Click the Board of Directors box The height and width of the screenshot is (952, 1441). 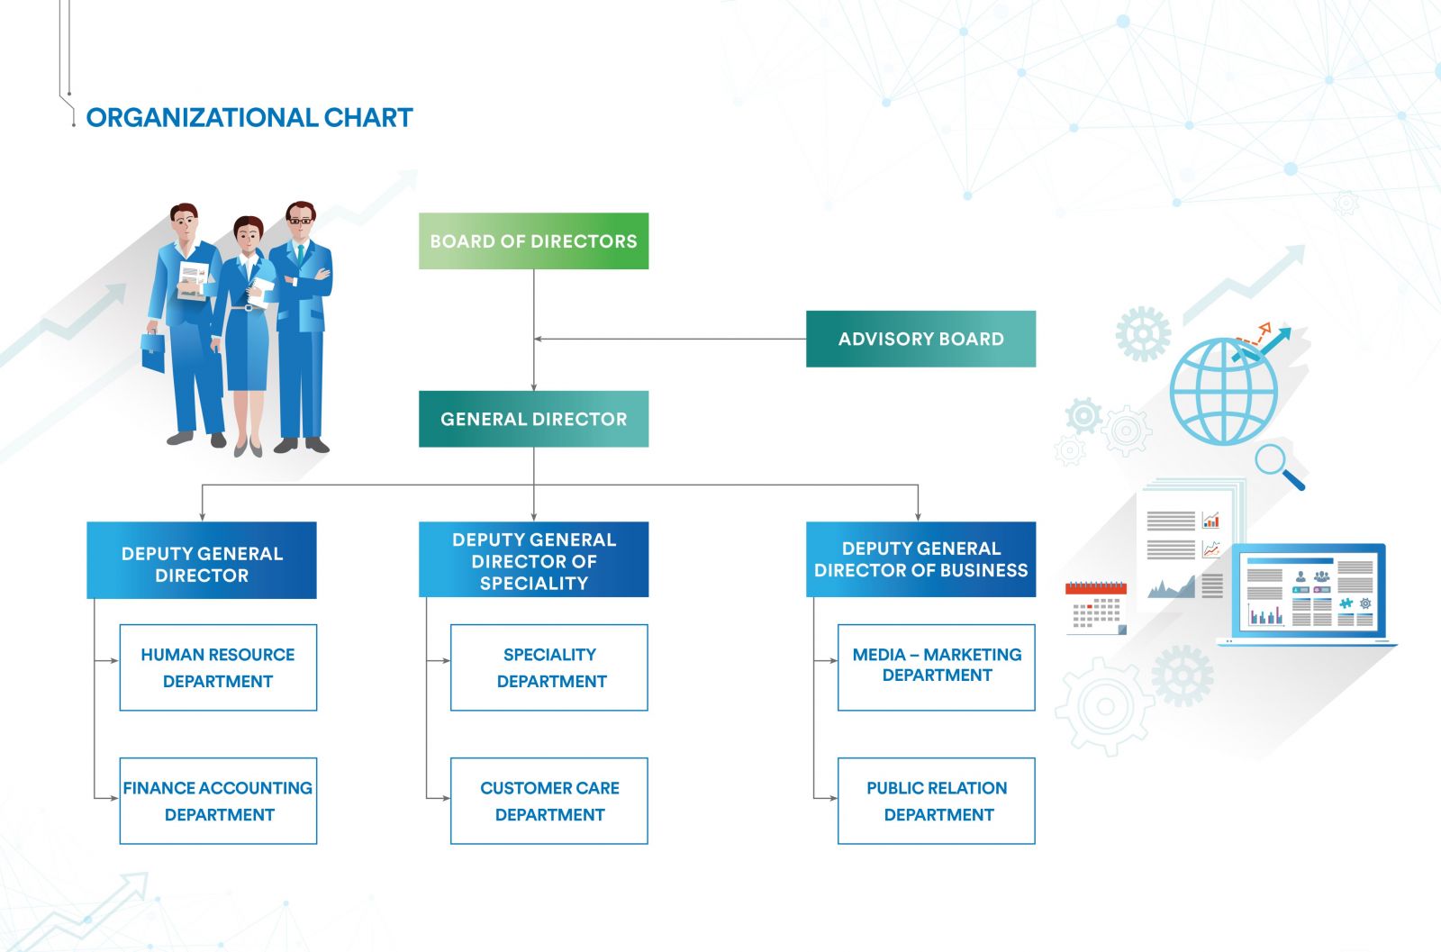(x=533, y=240)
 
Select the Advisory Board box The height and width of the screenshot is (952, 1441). (x=920, y=339)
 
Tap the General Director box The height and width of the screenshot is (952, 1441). (x=533, y=419)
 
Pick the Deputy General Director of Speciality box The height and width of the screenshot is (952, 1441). (x=533, y=560)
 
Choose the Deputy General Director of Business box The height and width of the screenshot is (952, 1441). (x=920, y=559)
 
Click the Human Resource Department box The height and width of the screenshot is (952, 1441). (x=218, y=667)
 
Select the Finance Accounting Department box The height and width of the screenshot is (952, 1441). (x=218, y=801)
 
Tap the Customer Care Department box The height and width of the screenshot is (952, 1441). (x=549, y=801)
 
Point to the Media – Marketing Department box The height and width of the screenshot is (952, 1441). (x=937, y=667)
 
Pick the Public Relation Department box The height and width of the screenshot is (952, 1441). (x=937, y=801)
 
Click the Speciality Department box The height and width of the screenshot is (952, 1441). (x=549, y=667)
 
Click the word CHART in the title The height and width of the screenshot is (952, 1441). (x=367, y=117)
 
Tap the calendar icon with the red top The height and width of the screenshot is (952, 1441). (x=1095, y=608)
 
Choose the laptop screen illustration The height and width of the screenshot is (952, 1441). (x=1308, y=593)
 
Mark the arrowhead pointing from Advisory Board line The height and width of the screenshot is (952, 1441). (x=538, y=339)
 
